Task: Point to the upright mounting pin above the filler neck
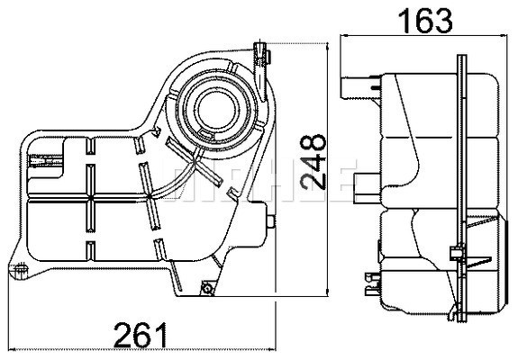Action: [263, 56]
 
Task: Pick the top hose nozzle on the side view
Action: [356, 86]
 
